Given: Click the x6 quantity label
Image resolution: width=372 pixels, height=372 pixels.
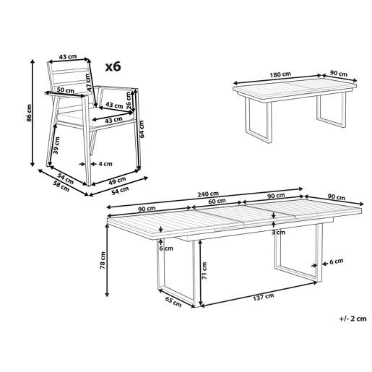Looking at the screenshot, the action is tap(113, 66).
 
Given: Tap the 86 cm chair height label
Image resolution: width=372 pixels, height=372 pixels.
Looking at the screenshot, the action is tap(29, 113).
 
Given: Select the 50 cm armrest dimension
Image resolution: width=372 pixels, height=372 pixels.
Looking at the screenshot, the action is tap(66, 90).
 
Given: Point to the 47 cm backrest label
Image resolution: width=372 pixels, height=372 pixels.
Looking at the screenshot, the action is tap(88, 82).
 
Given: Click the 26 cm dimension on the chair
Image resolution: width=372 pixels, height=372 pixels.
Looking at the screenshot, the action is tap(129, 100).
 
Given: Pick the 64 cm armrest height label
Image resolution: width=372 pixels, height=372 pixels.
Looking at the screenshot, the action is tap(142, 129).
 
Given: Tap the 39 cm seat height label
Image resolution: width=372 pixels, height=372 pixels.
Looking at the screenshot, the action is tap(56, 145).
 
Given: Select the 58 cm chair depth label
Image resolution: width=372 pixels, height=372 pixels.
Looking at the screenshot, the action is tap(61, 186).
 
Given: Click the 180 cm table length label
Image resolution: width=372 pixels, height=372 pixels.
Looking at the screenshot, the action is tap(280, 74).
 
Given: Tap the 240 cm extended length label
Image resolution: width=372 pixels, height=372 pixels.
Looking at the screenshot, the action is tap(208, 194).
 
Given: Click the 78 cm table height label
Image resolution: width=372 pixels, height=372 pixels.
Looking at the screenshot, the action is tap(103, 260).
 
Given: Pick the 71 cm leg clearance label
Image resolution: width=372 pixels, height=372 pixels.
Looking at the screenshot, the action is tap(204, 271).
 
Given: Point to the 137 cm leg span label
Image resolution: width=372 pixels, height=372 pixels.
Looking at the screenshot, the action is tap(264, 297).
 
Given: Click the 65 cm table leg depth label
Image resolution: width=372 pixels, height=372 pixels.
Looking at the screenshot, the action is tap(173, 302).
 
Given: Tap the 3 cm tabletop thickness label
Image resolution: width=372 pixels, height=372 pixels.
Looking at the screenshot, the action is tap(278, 233).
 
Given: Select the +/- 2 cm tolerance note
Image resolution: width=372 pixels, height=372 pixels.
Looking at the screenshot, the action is tap(352, 319).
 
